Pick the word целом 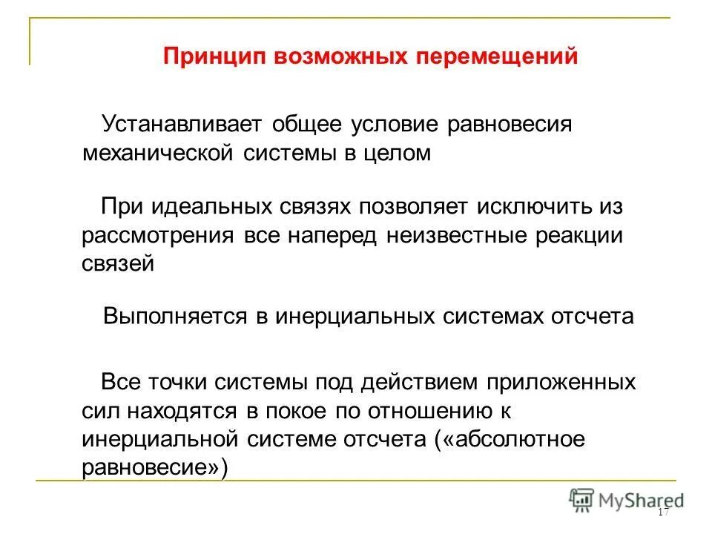click(396, 153)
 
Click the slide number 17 click(663, 513)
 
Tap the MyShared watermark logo click(627, 499)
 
